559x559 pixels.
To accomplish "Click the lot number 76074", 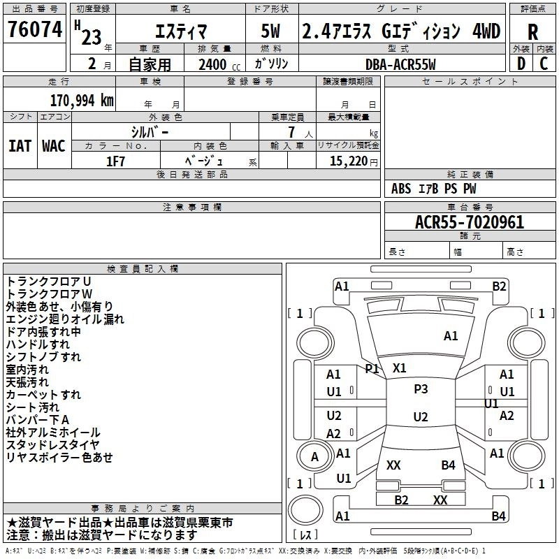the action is coord(35,29).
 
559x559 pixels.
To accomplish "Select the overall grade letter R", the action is coord(532,32).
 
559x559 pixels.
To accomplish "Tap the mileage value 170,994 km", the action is coord(82,101).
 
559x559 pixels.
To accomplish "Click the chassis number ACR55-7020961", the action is coord(470,222).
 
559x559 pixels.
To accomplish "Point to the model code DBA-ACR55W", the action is coord(400,64).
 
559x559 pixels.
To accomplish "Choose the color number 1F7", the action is coord(115,161).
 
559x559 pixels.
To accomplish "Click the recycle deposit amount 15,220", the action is coord(348,161).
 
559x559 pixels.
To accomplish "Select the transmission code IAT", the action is coord(20,146).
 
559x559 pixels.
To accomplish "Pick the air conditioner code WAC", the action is coord(54,146).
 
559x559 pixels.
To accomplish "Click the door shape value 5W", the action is coord(270,31).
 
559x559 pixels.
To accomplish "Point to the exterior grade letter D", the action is coord(521,64).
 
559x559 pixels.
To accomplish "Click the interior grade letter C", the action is coord(544,64).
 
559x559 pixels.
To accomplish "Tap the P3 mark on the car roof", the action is coord(421,389).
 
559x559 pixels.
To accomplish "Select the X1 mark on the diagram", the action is coord(399,368).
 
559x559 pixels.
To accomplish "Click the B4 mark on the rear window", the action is coord(448,465).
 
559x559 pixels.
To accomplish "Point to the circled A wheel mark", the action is coord(314,456).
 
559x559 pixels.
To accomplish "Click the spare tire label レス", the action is coord(305,535).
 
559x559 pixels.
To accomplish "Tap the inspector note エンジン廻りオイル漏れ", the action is coord(65,319).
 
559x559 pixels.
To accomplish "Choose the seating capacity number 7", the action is coord(291,132).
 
